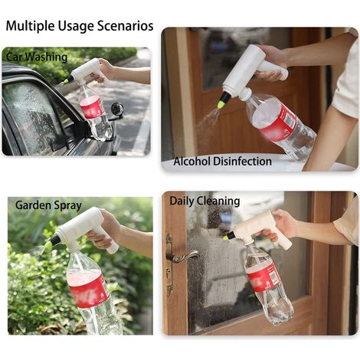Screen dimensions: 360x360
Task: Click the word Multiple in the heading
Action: pyautogui.click(x=30, y=26)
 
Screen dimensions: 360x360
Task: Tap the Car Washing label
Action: pyautogui.click(x=37, y=57)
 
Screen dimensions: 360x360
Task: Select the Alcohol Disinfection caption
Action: pyautogui.click(x=222, y=162)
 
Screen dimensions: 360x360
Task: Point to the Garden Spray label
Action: pyautogui.click(x=48, y=205)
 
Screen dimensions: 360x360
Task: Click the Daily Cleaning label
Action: pyautogui.click(x=205, y=201)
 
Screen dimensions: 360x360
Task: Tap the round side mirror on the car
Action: pyautogui.click(x=117, y=109)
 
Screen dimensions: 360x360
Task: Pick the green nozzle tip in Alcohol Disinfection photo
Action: pyautogui.click(x=222, y=104)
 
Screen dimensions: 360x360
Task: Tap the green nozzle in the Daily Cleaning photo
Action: pyautogui.click(x=225, y=238)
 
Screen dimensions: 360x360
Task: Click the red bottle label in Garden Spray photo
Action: pyautogui.click(x=89, y=289)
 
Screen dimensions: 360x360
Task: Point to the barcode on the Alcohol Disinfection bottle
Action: pyautogui.click(x=290, y=119)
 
